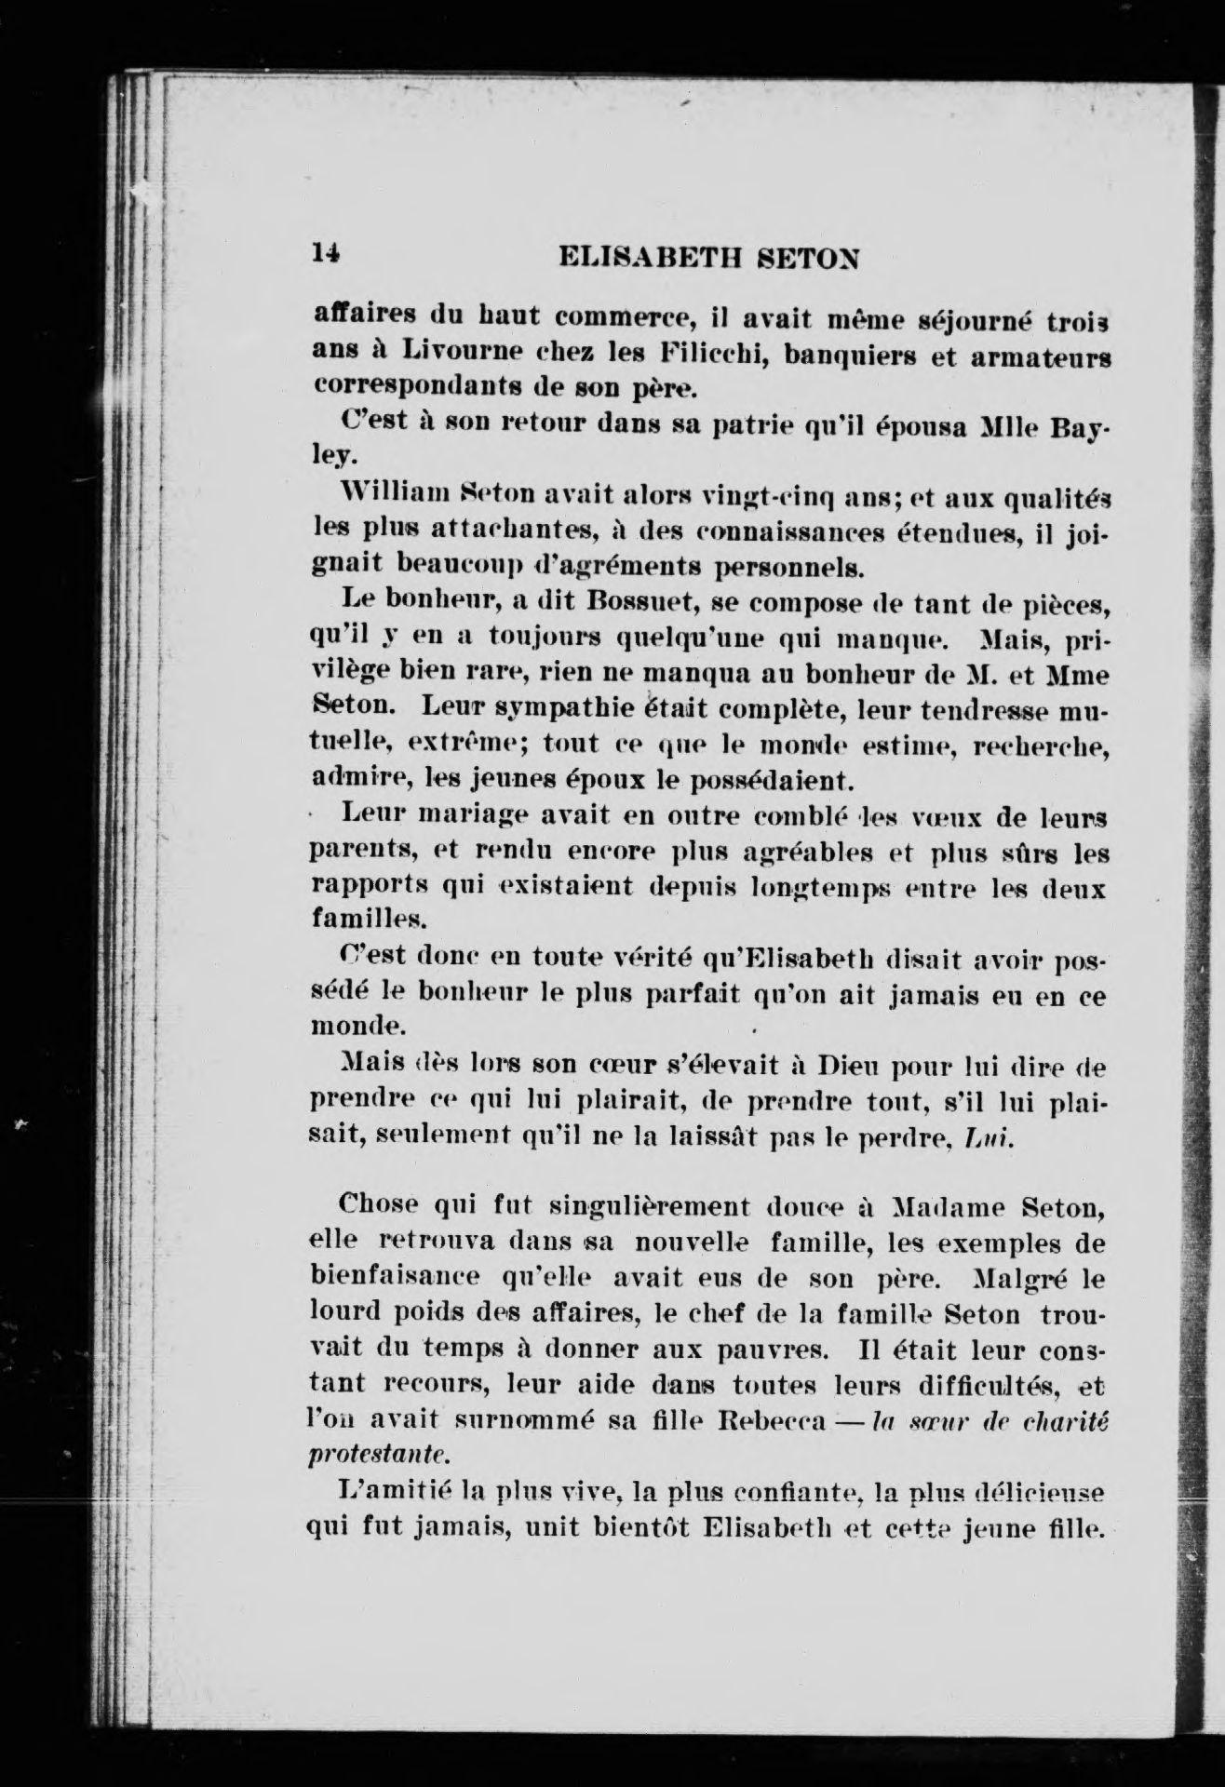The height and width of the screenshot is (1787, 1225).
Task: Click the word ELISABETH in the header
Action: pos(647,257)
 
